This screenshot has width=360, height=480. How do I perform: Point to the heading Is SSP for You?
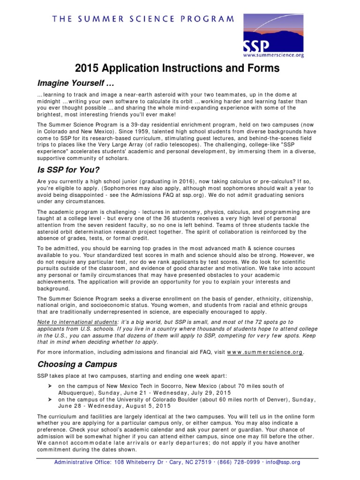tap(69, 169)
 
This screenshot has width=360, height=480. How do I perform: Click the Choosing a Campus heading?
tap(77, 364)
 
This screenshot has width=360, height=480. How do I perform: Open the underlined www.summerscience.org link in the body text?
tap(265, 352)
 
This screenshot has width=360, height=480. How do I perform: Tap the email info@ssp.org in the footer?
tap(284, 462)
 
